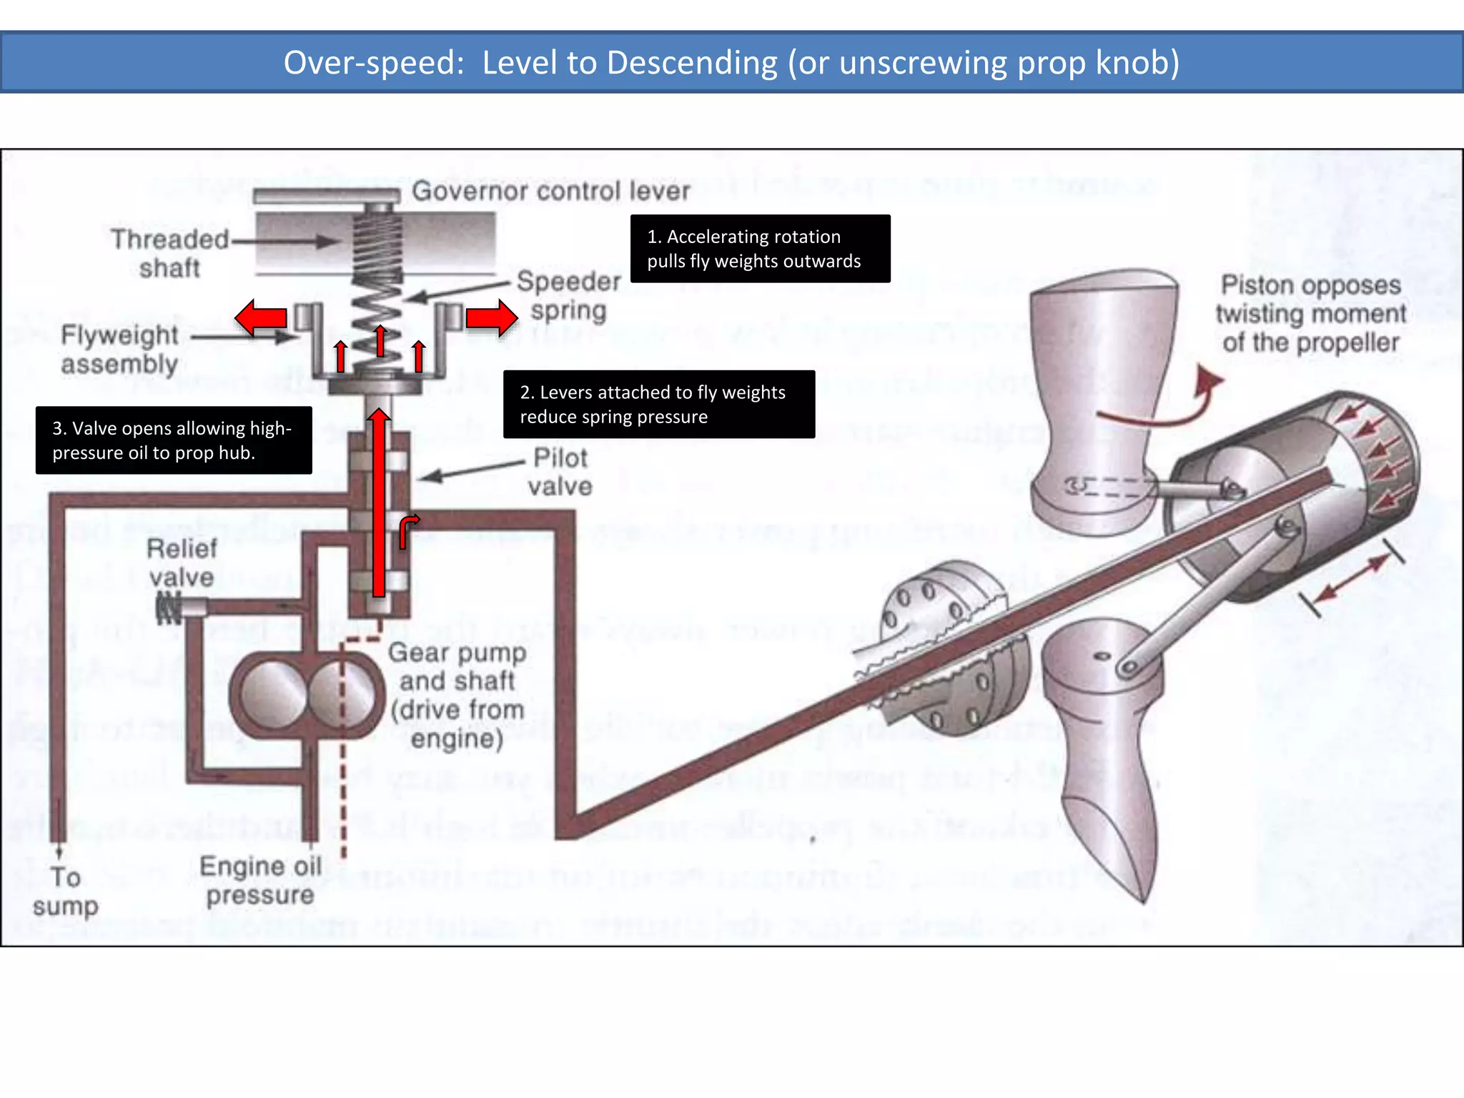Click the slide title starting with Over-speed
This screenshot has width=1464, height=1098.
pyautogui.click(x=731, y=62)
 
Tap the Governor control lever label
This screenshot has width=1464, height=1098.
pyautogui.click(x=550, y=191)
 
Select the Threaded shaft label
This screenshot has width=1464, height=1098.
pyautogui.click(x=169, y=253)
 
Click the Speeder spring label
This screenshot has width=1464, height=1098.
pyautogui.click(x=569, y=296)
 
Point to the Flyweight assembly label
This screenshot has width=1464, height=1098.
pyautogui.click(x=119, y=349)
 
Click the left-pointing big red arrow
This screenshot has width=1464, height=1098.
pyautogui.click(x=261, y=318)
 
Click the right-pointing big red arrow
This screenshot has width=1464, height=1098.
pyautogui.click(x=492, y=318)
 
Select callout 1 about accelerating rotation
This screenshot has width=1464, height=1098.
pyautogui.click(x=760, y=248)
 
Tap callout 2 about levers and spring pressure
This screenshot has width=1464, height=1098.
pyautogui.click(x=658, y=404)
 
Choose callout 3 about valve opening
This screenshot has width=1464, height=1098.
pyautogui.click(x=174, y=440)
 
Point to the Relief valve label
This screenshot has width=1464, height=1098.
pyautogui.click(x=182, y=563)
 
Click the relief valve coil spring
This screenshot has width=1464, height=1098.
pyautogui.click(x=169, y=608)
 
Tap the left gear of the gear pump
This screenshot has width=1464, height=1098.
pyautogui.click(x=272, y=694)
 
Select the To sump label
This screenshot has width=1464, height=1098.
pyautogui.click(x=65, y=891)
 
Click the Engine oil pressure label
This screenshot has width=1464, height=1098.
pyautogui.click(x=260, y=880)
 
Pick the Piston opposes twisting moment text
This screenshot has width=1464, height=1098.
pyautogui.click(x=1310, y=313)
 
